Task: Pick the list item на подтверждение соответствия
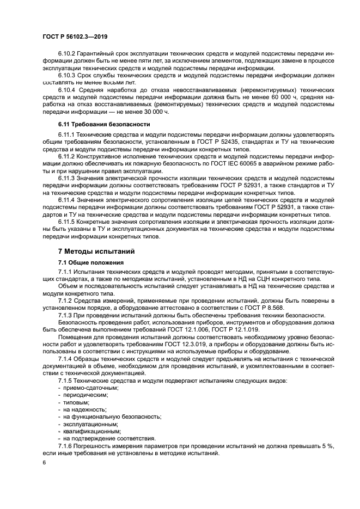click(x=109, y=438)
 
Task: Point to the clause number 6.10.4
click(x=67, y=88)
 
